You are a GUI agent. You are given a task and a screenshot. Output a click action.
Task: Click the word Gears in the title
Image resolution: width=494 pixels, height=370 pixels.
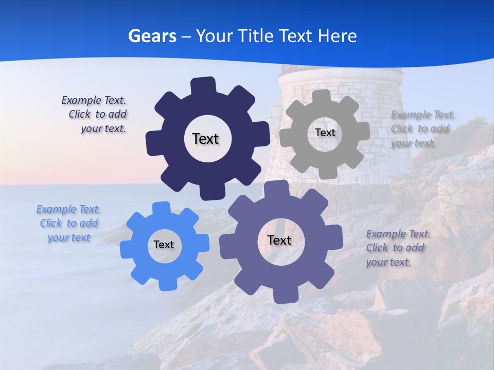coord(152,36)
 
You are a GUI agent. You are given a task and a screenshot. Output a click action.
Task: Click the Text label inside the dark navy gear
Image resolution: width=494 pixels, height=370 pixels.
coord(205,139)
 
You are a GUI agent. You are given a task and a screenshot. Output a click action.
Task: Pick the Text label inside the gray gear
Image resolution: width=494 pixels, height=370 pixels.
coord(325,133)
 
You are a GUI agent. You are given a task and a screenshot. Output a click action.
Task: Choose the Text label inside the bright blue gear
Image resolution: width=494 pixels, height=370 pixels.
coord(164,245)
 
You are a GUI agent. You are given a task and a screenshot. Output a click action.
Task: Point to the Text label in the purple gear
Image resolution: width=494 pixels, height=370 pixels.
coord(279,240)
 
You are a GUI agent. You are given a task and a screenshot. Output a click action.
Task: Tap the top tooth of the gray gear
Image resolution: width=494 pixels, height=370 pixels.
coord(322,96)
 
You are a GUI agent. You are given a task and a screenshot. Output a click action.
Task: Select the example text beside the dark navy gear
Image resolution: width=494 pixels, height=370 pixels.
coord(96,115)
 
